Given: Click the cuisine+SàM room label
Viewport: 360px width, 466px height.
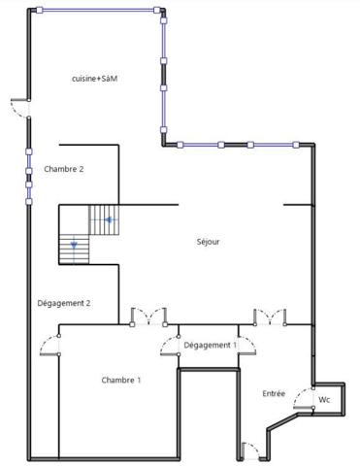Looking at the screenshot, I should (x=94, y=78).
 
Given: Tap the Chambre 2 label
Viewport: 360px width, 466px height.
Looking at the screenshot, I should (x=64, y=169).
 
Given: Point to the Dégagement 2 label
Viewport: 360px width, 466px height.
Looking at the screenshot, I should (x=64, y=303).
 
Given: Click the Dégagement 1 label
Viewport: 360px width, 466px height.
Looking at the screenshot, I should (x=210, y=345).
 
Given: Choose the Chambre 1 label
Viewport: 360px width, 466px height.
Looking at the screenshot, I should (x=121, y=380).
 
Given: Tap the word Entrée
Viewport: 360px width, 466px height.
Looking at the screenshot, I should (x=274, y=393).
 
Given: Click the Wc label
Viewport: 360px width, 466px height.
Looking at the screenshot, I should (x=325, y=399).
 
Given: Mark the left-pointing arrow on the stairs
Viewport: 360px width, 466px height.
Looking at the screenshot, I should (x=110, y=220).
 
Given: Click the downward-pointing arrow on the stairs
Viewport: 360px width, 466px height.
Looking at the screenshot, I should (x=73, y=248).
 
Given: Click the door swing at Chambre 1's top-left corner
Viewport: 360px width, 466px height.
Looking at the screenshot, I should (x=49, y=345).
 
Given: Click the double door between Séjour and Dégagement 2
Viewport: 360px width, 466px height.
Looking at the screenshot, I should (x=147, y=316).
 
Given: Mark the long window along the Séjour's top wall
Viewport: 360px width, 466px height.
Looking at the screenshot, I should (x=241, y=145).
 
